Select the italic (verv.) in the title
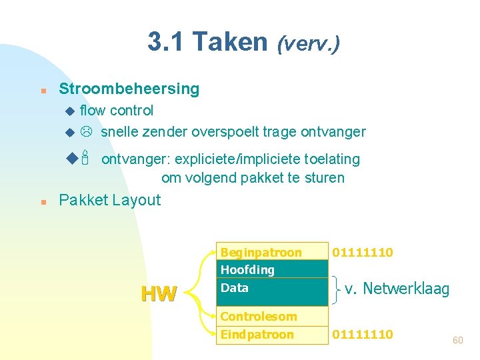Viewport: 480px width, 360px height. point(309,44)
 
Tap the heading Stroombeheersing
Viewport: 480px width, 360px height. point(129,89)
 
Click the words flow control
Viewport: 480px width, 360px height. point(117,110)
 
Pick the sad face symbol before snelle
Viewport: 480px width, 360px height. point(86,132)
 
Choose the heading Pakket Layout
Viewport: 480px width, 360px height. point(110,200)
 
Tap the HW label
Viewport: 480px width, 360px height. point(159,293)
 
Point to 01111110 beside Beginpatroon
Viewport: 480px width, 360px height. point(363,252)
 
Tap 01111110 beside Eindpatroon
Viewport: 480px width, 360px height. point(363,334)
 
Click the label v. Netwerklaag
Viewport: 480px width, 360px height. point(397,289)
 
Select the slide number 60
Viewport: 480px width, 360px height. point(457,340)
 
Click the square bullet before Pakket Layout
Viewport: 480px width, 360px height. point(42,201)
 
